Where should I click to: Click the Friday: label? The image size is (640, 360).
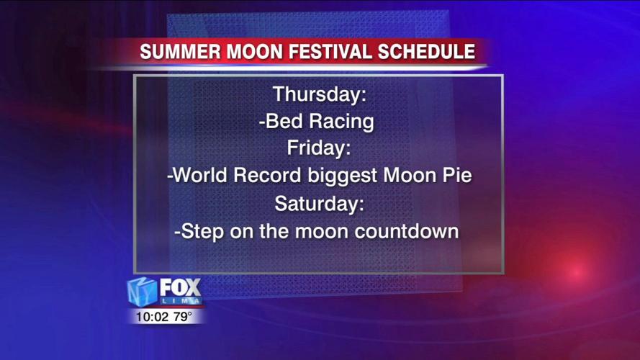(319, 148)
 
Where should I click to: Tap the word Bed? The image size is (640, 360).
(281, 121)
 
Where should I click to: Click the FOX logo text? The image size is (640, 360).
(180, 287)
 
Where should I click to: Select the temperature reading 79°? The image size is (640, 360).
(183, 315)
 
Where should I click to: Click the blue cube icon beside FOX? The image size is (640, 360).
(142, 292)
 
